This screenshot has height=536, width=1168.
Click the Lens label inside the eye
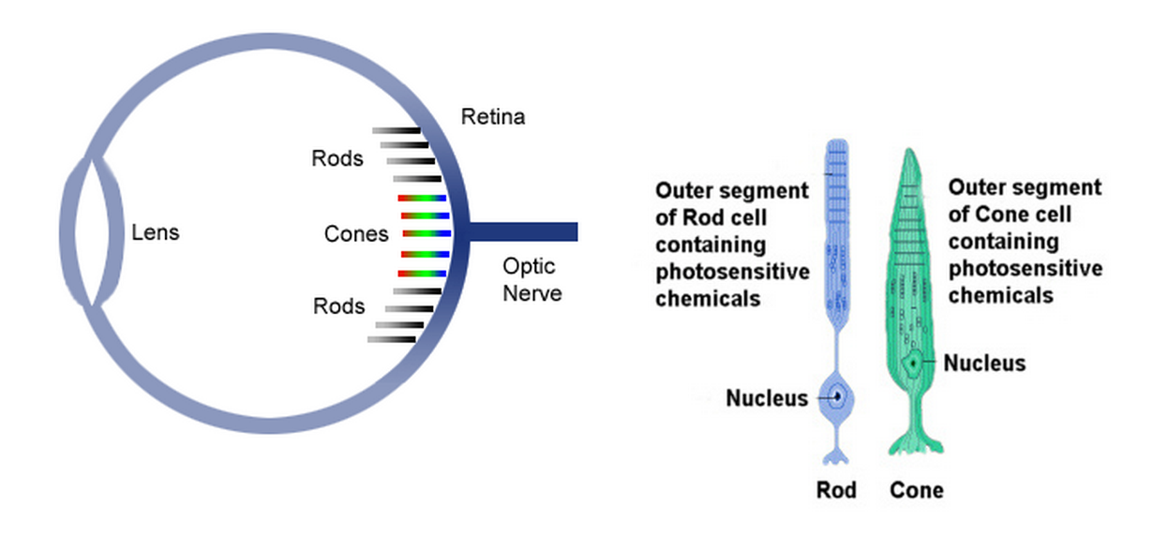pos(155,232)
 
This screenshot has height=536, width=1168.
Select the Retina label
pos(493,117)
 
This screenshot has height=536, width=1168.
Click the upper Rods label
pos(337,158)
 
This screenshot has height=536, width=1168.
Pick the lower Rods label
pos(338,306)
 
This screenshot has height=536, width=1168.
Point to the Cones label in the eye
pos(356,233)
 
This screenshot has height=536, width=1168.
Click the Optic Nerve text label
pos(532,279)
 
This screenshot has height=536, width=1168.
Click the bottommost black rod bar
pos(392,338)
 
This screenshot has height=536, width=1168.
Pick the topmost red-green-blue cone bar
pos(423,198)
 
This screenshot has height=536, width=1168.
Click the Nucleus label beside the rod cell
pos(767,398)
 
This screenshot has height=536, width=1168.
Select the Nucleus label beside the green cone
pos(984,363)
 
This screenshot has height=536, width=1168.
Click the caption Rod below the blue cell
pos(836,490)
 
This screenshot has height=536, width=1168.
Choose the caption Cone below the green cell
pos(916,490)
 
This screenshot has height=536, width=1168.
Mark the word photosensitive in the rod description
pos(732,272)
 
